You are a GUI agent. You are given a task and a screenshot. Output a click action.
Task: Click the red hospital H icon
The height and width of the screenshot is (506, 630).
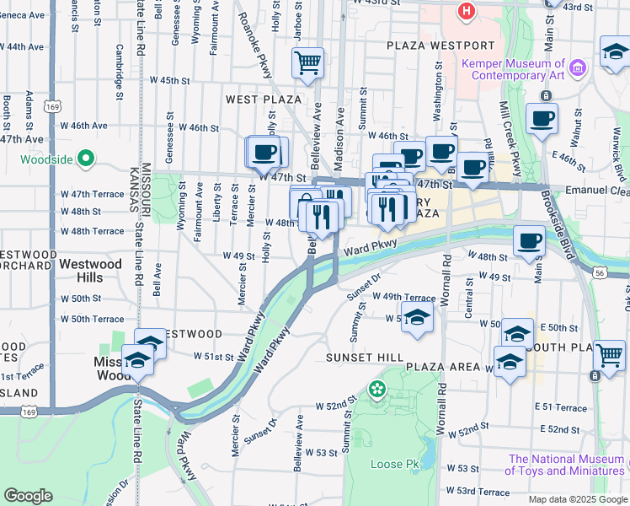465,11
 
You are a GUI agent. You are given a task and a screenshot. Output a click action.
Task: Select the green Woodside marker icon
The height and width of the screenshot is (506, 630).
85,158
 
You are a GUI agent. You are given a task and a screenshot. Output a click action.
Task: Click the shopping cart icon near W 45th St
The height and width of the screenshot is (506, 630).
307,62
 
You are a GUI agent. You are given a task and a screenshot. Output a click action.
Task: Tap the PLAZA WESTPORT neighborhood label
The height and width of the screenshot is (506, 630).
440,45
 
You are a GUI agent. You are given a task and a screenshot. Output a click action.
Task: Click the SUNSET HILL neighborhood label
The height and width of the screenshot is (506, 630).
365,358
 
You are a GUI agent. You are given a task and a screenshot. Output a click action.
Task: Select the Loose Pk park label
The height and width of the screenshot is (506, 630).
394,465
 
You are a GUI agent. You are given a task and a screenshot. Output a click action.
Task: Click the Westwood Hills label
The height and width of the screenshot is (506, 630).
93,270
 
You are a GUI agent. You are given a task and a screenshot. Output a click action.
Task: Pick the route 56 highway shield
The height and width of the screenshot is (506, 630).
599,273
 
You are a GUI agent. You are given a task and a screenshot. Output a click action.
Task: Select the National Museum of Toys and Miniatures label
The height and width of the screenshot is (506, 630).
566,466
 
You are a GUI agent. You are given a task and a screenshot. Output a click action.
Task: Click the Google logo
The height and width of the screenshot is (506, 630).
28,496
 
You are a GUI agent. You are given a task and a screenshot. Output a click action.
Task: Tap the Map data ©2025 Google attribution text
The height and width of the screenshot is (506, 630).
577,499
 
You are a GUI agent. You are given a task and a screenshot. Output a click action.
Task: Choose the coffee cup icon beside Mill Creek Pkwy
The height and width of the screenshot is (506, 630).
541,118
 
